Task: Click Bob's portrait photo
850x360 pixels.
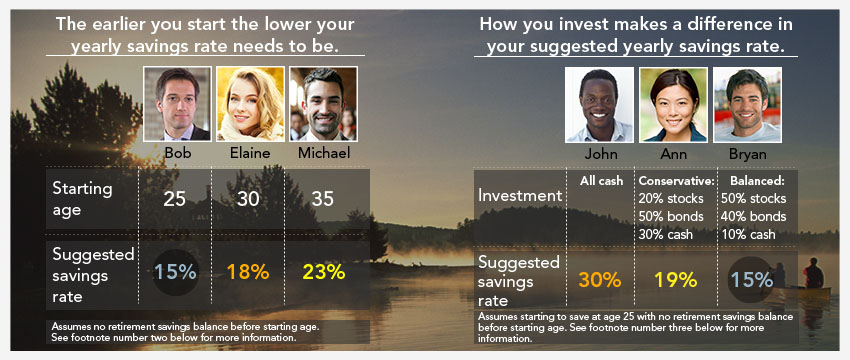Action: click(x=177, y=104)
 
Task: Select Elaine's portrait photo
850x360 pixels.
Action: click(x=250, y=104)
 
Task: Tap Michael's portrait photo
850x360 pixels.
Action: click(x=323, y=104)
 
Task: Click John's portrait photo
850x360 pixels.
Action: click(x=599, y=105)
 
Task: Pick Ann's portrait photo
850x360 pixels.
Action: click(x=673, y=105)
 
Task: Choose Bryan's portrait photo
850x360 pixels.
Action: click(x=747, y=105)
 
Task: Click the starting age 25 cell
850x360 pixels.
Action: click(x=175, y=199)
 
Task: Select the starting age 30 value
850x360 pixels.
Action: click(x=248, y=199)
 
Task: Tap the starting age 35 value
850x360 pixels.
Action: click(x=323, y=199)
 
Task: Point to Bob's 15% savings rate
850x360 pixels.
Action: click(x=175, y=272)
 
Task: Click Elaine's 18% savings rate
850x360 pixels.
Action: click(x=248, y=272)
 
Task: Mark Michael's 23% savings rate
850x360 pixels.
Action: click(x=323, y=272)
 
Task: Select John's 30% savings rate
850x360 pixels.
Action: click(x=600, y=280)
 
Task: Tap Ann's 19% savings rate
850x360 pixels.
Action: click(x=675, y=280)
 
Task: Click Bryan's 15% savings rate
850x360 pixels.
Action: click(x=751, y=280)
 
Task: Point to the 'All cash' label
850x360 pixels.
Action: click(x=601, y=181)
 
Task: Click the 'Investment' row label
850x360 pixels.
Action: click(x=520, y=196)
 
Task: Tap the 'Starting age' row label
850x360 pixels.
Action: click(x=82, y=199)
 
